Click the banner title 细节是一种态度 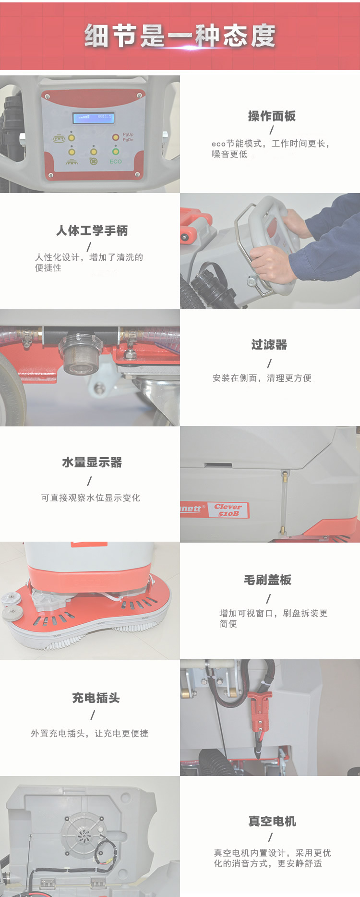tap(180, 36)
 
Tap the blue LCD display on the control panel tap(94, 117)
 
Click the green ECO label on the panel tap(116, 161)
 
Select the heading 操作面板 tap(272, 116)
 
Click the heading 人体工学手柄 tap(92, 231)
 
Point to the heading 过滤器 tap(269, 345)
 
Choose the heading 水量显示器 tap(92, 462)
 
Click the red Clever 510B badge tap(228, 510)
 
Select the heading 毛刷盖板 tap(267, 580)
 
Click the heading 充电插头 tap(96, 698)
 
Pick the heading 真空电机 tap(272, 822)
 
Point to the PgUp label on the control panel tap(128, 134)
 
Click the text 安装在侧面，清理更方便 tap(262, 378)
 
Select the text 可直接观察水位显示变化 tap(91, 498)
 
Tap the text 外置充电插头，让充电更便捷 tap(90, 734)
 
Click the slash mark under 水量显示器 tap(90, 481)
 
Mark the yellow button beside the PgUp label tap(116, 138)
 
